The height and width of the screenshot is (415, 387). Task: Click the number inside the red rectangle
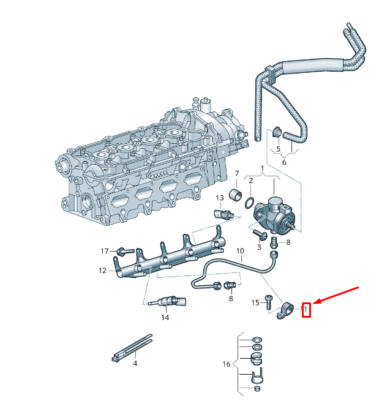(x=306, y=310)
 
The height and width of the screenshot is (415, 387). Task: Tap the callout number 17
(x=105, y=252)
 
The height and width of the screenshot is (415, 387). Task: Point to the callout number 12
(x=103, y=270)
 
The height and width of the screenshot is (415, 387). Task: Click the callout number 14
(x=165, y=317)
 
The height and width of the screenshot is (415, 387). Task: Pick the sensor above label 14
(x=166, y=301)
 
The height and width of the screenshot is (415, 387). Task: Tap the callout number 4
(x=135, y=364)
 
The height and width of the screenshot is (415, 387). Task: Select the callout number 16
(x=227, y=364)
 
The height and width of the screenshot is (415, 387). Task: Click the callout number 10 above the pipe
(x=240, y=251)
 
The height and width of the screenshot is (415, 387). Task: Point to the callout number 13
(x=219, y=198)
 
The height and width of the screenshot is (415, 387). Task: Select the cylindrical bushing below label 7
(x=235, y=196)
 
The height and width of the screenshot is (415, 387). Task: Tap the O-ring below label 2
(x=250, y=202)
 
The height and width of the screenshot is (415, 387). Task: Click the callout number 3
(x=259, y=247)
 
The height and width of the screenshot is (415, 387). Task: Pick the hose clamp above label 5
(x=277, y=132)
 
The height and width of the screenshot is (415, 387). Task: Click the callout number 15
(x=255, y=302)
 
